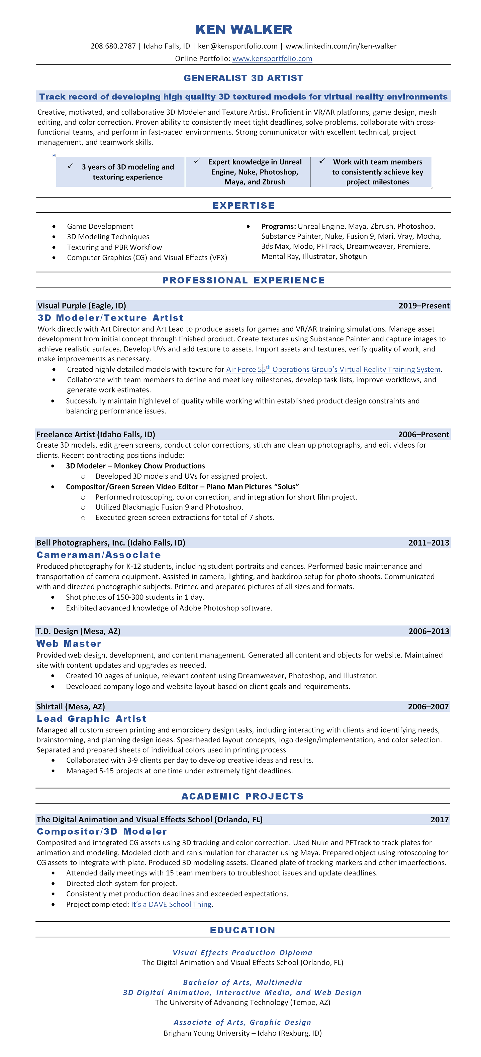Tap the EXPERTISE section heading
click(x=243, y=205)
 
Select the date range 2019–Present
click(x=424, y=306)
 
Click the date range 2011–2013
click(x=428, y=543)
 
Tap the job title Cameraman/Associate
click(x=98, y=555)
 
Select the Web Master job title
click(x=69, y=643)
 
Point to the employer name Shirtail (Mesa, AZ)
click(x=71, y=707)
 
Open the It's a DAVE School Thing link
click(x=171, y=904)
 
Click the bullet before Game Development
click(x=54, y=227)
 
